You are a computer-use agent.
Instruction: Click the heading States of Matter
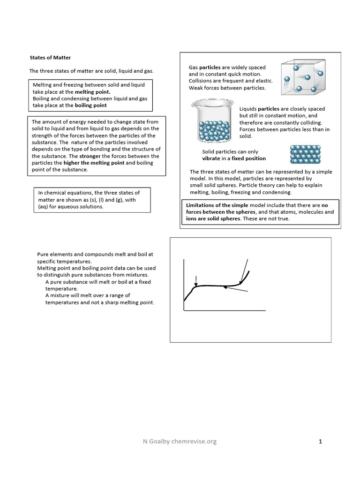point(50,58)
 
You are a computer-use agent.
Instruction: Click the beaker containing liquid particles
point(212,122)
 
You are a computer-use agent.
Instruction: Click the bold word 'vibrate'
point(211,158)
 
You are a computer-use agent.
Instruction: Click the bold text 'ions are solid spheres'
point(214,218)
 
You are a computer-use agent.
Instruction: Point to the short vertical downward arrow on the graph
point(196,280)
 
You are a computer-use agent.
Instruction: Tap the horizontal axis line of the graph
point(225,310)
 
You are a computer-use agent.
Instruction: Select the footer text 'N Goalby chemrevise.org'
point(180,441)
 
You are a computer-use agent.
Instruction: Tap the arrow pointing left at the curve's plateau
point(235,290)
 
